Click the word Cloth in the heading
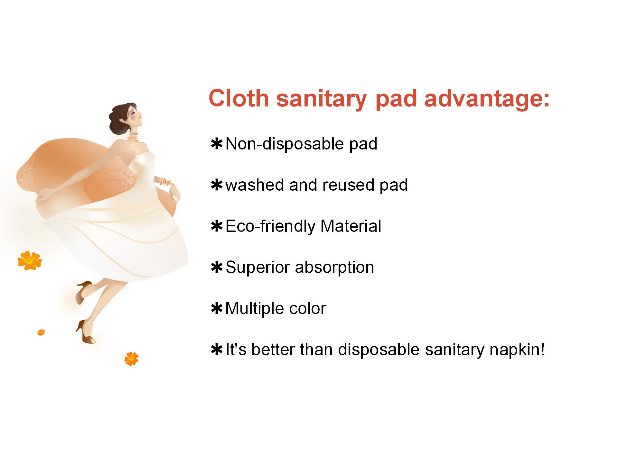(239, 98)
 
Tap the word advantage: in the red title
(487, 99)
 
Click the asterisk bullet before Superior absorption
(217, 267)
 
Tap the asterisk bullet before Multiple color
(217, 309)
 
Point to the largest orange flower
(30, 260)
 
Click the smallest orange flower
(41, 332)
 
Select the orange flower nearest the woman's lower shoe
(131, 359)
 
